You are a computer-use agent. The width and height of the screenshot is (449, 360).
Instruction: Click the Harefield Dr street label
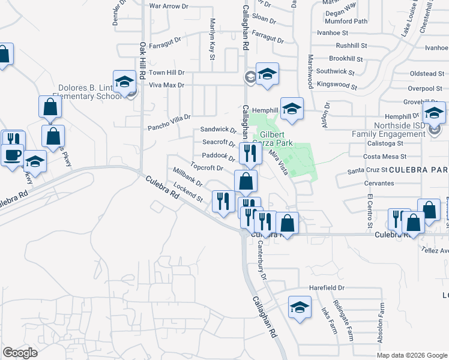[x=327, y=288]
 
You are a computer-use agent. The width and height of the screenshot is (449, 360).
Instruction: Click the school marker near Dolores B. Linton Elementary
[x=124, y=81]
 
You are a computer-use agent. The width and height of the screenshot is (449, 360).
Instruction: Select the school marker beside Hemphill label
[x=291, y=109]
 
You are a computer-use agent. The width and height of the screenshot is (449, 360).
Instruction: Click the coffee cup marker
[x=11, y=155]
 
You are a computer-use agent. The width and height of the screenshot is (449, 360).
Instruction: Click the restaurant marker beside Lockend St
[x=223, y=201]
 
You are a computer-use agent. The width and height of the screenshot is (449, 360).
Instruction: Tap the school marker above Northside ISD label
[x=433, y=112]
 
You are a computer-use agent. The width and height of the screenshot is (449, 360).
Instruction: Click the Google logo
[x=19, y=353]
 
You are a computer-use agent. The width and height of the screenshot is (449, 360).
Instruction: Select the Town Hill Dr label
[x=166, y=72]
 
